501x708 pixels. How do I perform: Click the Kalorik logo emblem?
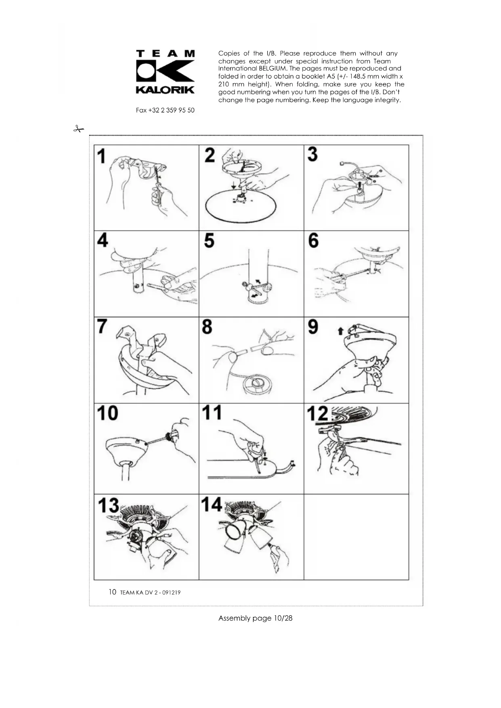[x=165, y=71]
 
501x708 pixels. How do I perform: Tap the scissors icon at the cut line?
[x=79, y=129]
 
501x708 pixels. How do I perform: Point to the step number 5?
[x=209, y=241]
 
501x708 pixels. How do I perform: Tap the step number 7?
[x=103, y=327]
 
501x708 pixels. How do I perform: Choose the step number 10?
[x=107, y=413]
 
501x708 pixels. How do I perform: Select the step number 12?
[x=318, y=414]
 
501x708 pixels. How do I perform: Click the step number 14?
[x=212, y=505]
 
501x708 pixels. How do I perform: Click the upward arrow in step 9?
[x=340, y=331]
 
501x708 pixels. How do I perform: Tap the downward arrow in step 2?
[x=234, y=185]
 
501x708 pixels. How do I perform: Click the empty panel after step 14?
[x=356, y=537]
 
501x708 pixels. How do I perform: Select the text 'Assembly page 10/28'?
[x=255, y=618]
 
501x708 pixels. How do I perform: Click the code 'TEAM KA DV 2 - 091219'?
[x=150, y=593]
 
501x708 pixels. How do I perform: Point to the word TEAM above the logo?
[x=165, y=53]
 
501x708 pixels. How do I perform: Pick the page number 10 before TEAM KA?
[x=112, y=592]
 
